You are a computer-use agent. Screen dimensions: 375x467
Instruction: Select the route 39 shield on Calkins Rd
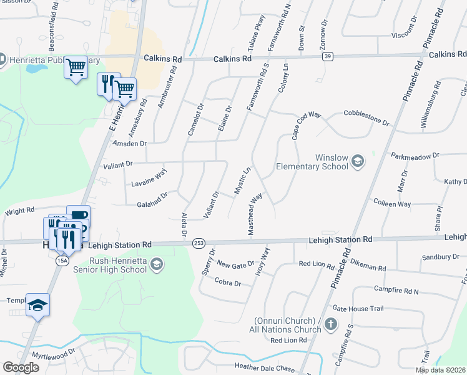coord(327,57)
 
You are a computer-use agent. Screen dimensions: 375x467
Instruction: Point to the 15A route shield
coord(62,260)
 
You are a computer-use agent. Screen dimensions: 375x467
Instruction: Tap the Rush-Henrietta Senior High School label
coord(109,265)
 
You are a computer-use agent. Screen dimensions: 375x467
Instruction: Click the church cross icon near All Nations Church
coord(332,324)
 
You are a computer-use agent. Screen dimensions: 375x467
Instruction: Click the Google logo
coord(21,367)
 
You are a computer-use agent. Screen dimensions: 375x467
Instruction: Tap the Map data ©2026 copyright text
coord(440,370)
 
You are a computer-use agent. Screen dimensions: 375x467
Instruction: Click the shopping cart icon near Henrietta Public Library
coord(76,66)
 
